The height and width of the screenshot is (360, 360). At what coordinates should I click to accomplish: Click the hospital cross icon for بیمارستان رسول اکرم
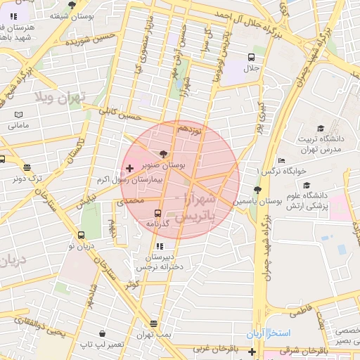pyautogui.click(x=129, y=168)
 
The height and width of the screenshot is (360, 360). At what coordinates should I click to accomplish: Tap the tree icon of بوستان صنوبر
pyautogui.click(x=164, y=153)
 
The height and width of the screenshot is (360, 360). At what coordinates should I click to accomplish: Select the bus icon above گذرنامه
pyautogui.click(x=157, y=212)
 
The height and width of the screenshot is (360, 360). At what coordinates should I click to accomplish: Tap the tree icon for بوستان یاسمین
pyautogui.click(x=257, y=190)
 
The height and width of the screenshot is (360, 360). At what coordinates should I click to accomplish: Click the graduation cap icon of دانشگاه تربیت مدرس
pyautogui.click(x=321, y=129)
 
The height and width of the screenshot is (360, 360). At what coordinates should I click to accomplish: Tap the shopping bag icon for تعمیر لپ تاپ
pyautogui.click(x=103, y=333)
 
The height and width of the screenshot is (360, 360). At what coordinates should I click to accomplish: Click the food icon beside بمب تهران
pyautogui.click(x=154, y=323)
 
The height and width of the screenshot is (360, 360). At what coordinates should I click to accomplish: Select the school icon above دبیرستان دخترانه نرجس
pyautogui.click(x=160, y=247)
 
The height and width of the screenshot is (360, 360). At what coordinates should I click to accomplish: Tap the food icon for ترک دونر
pyautogui.click(x=27, y=167)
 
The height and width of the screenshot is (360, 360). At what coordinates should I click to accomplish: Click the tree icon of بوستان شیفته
pyautogui.click(x=71, y=6)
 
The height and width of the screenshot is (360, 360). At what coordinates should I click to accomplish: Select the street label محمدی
pyautogui.click(x=129, y=201)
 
